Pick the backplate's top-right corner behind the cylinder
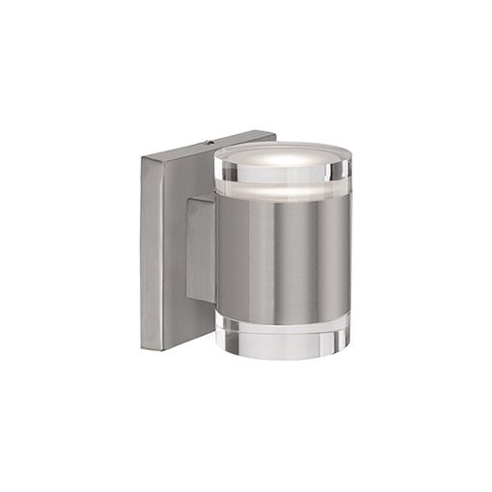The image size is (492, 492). click(x=275, y=133)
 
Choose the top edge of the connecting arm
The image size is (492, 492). click(x=201, y=200)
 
